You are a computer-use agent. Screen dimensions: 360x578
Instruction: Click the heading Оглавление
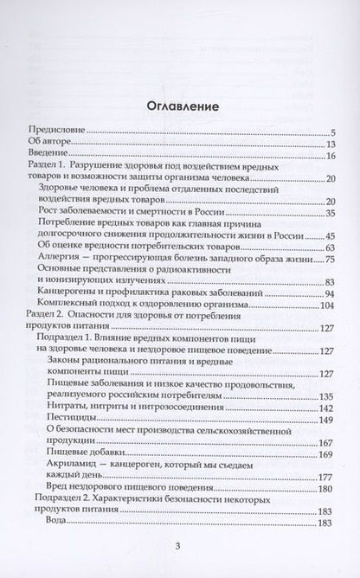click(180, 106)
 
